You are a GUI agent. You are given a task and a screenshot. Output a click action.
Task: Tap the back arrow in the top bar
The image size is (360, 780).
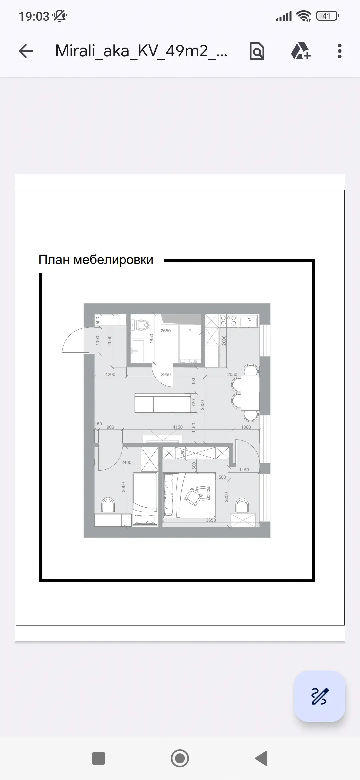[x=26, y=51]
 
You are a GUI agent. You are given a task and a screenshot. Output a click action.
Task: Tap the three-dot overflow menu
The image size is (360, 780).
[x=339, y=51]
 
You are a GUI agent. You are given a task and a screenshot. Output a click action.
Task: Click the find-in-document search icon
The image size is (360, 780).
[x=257, y=51]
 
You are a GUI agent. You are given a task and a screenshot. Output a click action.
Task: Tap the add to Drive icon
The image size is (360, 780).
[x=301, y=51]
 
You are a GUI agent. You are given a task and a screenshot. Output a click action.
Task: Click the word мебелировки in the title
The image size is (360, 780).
[x=113, y=260]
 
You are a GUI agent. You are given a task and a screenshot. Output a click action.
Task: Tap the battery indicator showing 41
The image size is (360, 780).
[x=327, y=16]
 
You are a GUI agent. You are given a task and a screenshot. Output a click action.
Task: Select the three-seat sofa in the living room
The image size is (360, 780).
[x=163, y=403]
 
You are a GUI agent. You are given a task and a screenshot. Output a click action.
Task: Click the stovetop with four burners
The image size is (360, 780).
[x=228, y=321]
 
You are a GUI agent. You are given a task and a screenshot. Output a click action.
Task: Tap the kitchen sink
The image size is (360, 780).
[x=248, y=321]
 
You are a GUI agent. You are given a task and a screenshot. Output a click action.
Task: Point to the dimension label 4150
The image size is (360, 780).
[x=178, y=427]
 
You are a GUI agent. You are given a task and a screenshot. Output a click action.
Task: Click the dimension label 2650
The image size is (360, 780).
[x=166, y=331]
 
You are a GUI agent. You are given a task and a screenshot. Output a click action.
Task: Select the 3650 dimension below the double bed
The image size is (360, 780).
[x=211, y=520]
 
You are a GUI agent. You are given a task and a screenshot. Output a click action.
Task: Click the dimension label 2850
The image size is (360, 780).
[x=202, y=405]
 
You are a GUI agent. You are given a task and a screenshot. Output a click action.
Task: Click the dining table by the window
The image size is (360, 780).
[x=250, y=393]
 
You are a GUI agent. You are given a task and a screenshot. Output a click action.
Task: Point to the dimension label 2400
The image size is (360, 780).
[x=126, y=462]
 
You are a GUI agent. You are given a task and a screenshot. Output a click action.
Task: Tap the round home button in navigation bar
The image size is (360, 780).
[x=180, y=758]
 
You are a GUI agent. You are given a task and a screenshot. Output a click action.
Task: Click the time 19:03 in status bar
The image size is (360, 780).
[x=34, y=16]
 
